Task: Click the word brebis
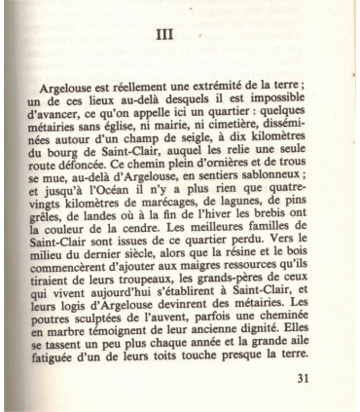[303, 243]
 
